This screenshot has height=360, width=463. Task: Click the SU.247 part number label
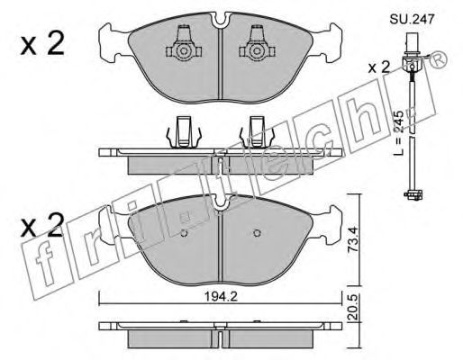(x=412, y=19)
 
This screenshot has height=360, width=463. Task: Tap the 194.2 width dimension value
(x=221, y=297)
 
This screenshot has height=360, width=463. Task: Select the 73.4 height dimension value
(x=352, y=239)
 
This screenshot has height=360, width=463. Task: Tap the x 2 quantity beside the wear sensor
(x=379, y=67)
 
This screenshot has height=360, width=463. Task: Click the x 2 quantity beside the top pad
(x=42, y=43)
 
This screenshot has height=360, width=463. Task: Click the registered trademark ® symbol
(x=439, y=61)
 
